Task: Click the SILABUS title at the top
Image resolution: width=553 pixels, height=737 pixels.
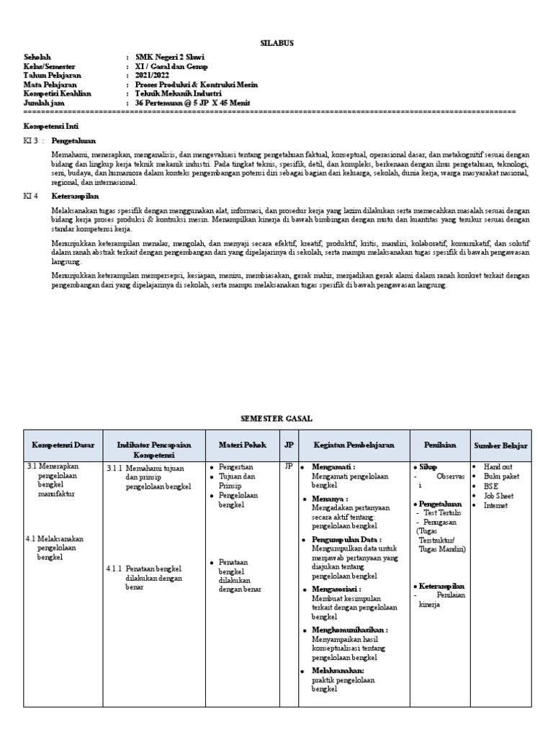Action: pos(276,43)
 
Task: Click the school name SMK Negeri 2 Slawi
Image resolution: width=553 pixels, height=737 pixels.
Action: pos(166,56)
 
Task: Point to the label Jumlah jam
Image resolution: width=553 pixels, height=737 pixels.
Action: pos(45,103)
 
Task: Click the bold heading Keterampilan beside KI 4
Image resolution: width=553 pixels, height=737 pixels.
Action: pos(75,196)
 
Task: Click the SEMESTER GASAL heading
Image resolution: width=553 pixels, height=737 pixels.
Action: pos(276,418)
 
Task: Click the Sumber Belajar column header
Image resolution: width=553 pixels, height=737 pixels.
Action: pos(501,446)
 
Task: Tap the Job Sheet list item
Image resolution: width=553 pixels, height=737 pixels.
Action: pos(498,496)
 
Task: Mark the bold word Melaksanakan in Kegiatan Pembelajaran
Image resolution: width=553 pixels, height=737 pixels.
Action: pos(338,670)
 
